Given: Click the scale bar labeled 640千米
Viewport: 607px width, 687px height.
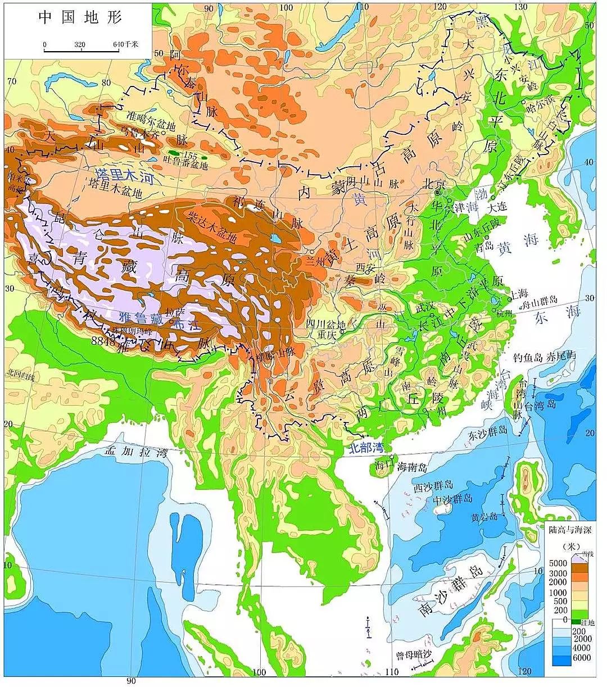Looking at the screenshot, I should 82,49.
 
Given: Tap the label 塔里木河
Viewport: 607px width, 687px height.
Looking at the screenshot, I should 125,178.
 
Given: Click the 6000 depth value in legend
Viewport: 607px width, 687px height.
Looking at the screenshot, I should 582,658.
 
